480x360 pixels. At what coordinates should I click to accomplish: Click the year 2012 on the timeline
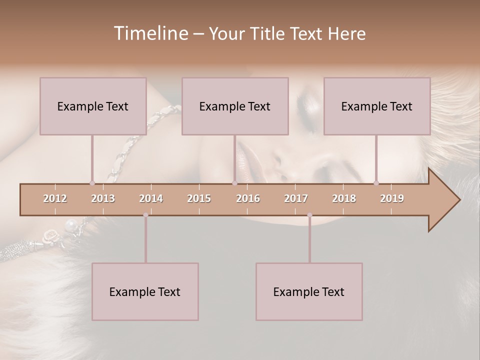tap(55, 198)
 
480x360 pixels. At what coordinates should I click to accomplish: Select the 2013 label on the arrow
tap(103, 198)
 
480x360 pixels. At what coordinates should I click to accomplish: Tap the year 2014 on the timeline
tap(151, 198)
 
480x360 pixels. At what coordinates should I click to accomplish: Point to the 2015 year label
tap(199, 198)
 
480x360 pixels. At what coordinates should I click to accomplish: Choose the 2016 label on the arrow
tap(248, 198)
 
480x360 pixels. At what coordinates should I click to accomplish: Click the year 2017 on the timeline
tap(296, 198)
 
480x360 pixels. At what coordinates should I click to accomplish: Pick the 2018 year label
tap(344, 198)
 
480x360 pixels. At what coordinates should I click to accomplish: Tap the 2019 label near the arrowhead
tap(392, 198)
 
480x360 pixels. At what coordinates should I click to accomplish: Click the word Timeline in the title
tap(150, 33)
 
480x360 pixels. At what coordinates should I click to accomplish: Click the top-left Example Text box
tap(93, 106)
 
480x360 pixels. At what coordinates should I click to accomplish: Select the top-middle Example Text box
tap(235, 106)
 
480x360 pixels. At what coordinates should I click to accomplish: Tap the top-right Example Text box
tap(377, 106)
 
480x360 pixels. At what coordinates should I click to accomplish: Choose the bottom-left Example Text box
tap(145, 291)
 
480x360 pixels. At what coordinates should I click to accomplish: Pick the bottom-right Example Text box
tap(309, 291)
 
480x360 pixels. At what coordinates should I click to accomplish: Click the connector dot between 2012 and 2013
tap(92, 183)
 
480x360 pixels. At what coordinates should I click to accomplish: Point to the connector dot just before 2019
tap(376, 183)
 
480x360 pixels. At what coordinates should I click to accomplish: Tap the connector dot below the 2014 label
tap(145, 215)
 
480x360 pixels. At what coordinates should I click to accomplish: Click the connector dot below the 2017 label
tap(309, 215)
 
